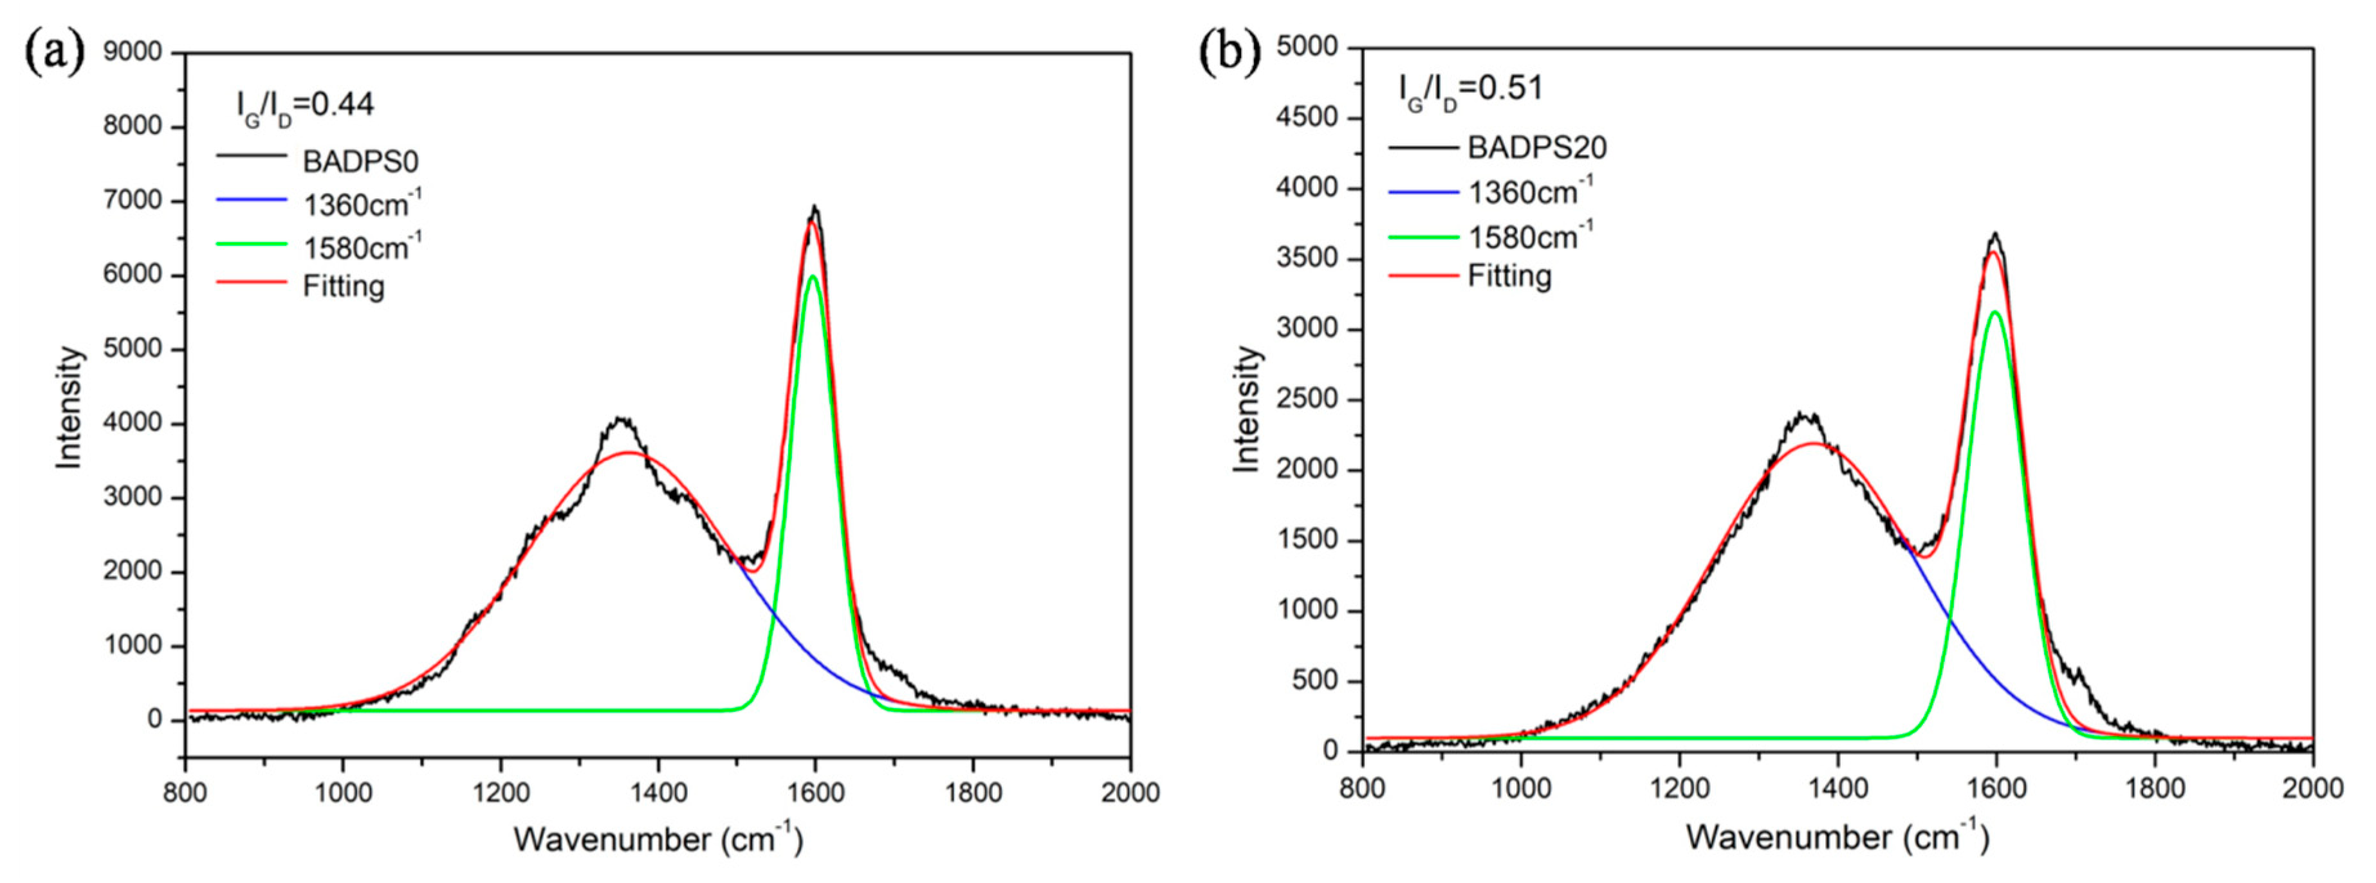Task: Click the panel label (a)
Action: pos(53,53)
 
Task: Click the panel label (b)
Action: pos(1229,53)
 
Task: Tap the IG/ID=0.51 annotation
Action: pos(1470,89)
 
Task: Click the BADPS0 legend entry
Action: pos(360,162)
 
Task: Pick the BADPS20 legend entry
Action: pos(1536,147)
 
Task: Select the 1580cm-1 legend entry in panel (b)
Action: pos(1530,236)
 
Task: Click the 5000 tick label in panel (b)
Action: pos(1307,46)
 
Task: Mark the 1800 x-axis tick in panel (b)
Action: pos(2155,787)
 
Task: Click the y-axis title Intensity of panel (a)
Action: pos(69,406)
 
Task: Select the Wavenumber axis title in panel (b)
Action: pos(1836,836)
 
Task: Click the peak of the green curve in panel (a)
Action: pos(812,276)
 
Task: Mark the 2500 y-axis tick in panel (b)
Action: pos(1307,400)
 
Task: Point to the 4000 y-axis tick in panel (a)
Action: pos(132,423)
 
